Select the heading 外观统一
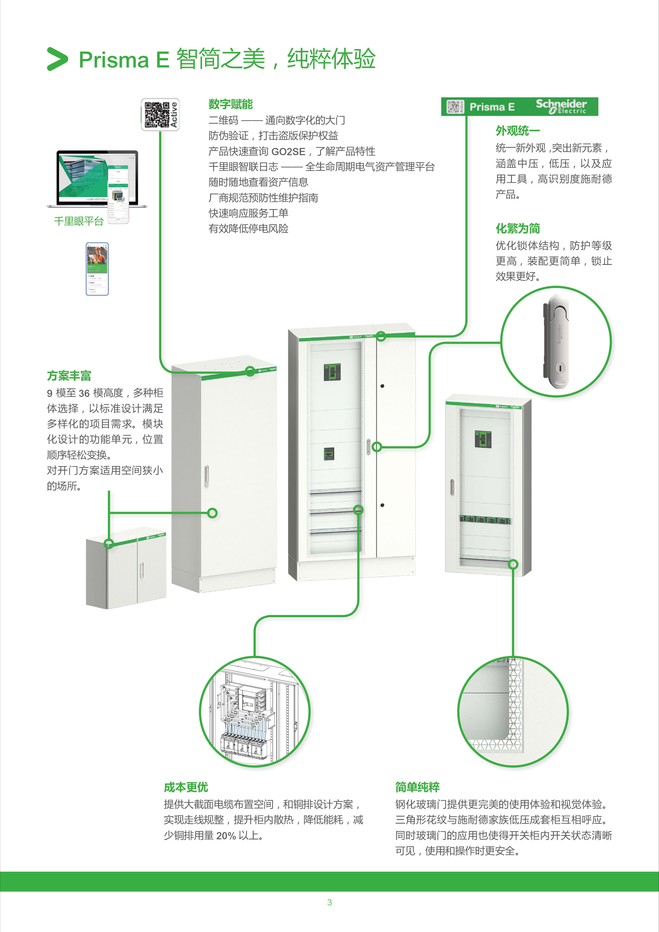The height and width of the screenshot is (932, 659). pos(517,131)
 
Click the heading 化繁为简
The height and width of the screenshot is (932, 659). pos(517,228)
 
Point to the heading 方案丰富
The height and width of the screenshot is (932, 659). pos(69,376)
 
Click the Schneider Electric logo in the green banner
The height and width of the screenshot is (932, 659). pos(561,106)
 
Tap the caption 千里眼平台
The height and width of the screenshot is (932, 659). pos(79,221)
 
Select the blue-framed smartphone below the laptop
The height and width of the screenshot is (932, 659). pos(97,269)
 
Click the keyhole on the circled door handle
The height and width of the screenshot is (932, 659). pos(559,368)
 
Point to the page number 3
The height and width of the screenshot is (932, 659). pos(329,902)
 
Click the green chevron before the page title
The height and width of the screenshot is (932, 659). pos(57,59)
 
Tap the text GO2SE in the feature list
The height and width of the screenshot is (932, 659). pos(288,152)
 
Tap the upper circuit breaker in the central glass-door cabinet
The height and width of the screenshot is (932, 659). pos(332,372)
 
